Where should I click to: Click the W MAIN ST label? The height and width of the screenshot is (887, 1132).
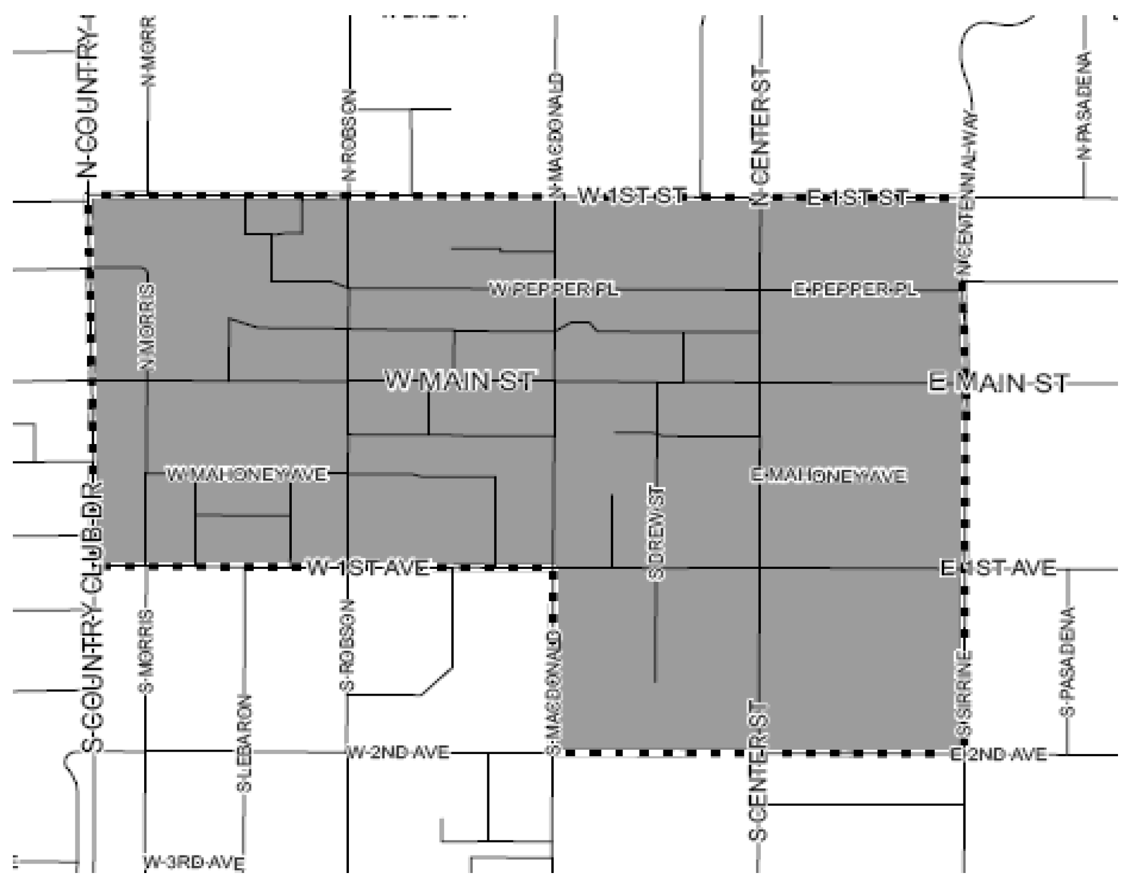click(459, 380)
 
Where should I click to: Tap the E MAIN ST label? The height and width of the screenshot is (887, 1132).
click(998, 383)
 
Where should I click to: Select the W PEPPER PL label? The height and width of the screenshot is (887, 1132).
click(554, 289)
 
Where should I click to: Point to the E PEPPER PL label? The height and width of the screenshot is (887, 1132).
click(855, 289)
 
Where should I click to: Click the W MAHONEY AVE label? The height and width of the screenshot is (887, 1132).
click(247, 474)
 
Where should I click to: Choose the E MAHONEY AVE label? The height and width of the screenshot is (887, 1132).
click(828, 476)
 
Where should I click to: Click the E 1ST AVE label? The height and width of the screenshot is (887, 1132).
click(998, 568)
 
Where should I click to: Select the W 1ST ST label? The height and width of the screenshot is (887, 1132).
click(631, 196)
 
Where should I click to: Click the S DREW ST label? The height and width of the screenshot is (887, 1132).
click(656, 532)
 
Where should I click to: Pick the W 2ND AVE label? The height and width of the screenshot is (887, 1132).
click(398, 752)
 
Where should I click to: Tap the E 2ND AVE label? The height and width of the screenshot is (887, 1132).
click(998, 755)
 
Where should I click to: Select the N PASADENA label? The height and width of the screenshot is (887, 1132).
click(1084, 105)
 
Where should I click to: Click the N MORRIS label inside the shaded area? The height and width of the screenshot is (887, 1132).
click(146, 326)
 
